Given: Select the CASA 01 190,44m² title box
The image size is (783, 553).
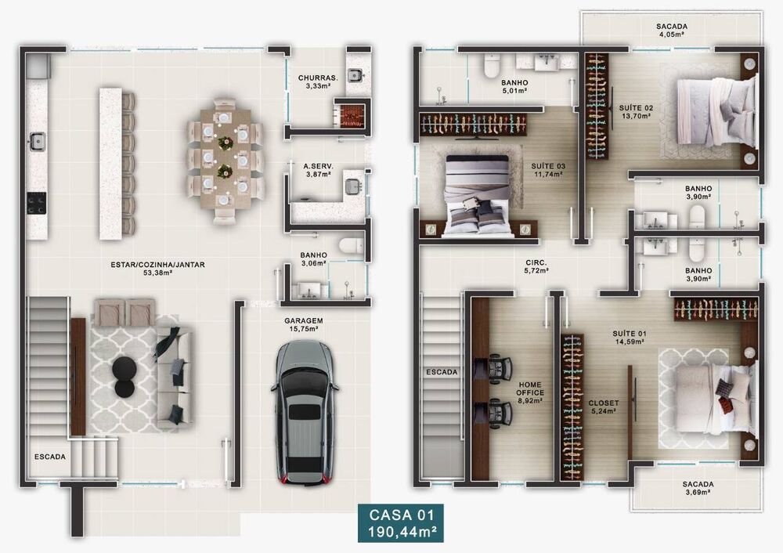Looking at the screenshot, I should (400, 523).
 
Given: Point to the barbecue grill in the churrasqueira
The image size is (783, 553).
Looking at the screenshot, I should (352, 116).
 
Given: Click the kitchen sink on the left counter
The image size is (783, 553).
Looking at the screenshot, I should (37, 141).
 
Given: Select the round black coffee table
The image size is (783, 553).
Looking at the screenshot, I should (124, 367).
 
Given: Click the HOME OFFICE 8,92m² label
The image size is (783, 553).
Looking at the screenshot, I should (530, 392).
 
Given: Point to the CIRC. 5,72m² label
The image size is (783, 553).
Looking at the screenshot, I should (536, 267).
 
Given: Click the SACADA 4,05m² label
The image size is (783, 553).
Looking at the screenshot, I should (671, 30).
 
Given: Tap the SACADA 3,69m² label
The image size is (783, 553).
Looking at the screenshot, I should (697, 488).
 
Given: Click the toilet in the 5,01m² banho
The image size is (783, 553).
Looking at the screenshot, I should (492, 67).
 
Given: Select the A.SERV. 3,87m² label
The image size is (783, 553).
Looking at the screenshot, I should (317, 170).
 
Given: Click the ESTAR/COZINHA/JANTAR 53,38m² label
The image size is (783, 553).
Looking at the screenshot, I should (157, 269).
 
